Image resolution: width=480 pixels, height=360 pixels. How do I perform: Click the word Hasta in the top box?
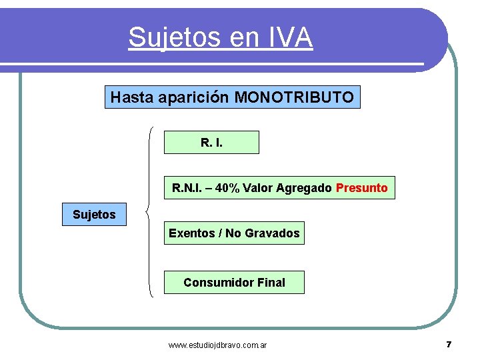click(132, 97)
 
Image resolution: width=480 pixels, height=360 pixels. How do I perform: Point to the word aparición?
click(193, 97)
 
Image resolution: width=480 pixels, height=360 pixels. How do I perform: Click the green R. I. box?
click(211, 142)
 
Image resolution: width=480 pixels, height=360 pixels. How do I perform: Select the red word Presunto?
click(362, 188)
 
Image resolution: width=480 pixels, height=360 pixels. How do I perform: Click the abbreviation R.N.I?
click(186, 188)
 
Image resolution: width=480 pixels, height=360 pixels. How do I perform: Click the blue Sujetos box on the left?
click(94, 215)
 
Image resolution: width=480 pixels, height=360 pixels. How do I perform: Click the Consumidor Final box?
click(234, 283)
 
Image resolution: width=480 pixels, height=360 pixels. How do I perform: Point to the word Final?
click(271, 283)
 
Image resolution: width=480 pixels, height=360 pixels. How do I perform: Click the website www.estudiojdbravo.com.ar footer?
click(218, 345)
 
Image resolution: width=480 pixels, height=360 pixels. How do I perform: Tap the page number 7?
click(449, 345)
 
